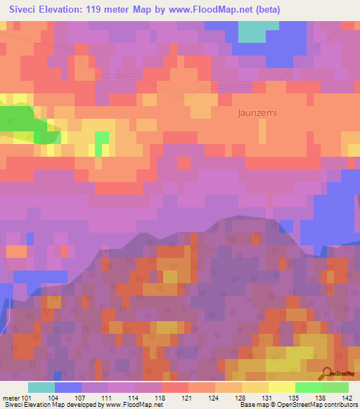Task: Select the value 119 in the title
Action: click(105, 9)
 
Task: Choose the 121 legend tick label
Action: click(186, 397)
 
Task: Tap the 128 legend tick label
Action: click(240, 397)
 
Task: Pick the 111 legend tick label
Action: click(107, 397)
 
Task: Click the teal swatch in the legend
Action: click(41, 387)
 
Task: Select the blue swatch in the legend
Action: click(67, 387)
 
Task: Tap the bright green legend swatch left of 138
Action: click(308, 387)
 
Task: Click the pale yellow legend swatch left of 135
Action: click(281, 387)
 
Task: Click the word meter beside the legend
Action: click(10, 397)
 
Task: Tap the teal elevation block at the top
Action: click(258, 32)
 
